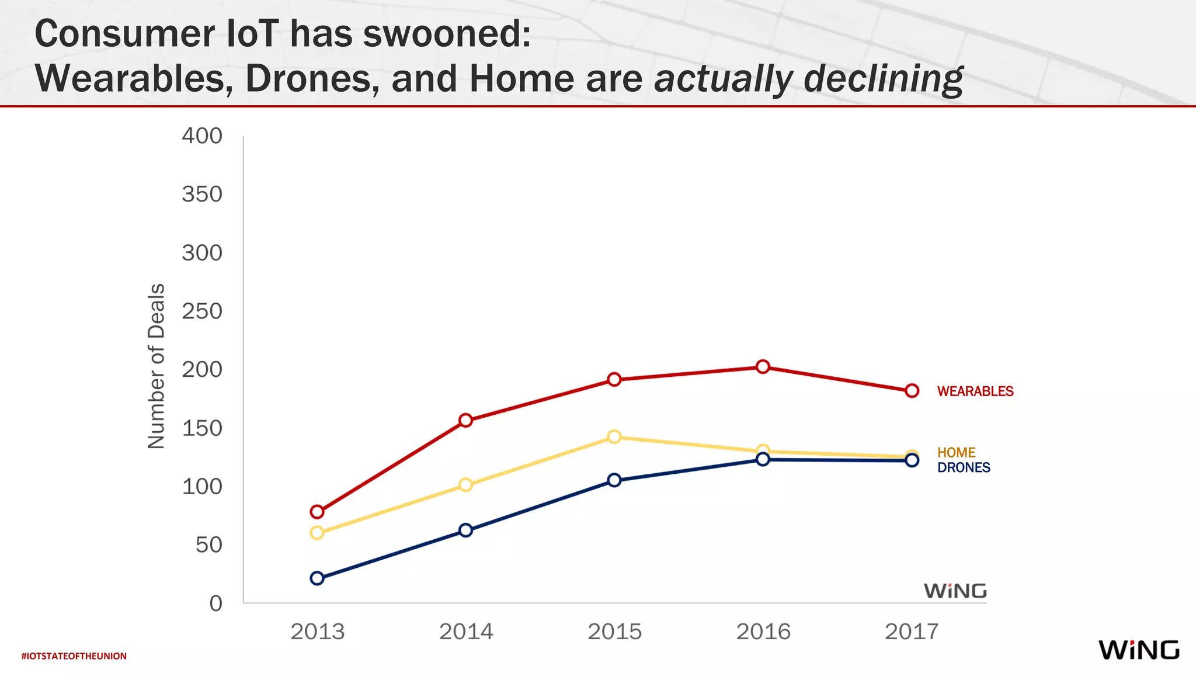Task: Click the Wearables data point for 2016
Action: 763,367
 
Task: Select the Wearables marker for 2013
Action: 317,512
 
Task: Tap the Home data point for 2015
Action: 614,437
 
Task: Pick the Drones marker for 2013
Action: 317,578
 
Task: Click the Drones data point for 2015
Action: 614,480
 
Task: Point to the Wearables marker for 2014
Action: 465,421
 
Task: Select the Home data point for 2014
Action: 465,485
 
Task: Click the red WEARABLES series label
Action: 975,391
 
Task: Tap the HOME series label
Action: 956,453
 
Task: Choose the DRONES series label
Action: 964,468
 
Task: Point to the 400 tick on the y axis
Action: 202,136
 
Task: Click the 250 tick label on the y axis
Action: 202,311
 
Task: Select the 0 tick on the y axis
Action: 216,603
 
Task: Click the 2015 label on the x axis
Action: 614,632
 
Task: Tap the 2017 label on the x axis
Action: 912,632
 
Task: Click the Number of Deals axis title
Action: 157,366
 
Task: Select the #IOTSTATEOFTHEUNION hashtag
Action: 74,656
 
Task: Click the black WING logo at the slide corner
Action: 1138,650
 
